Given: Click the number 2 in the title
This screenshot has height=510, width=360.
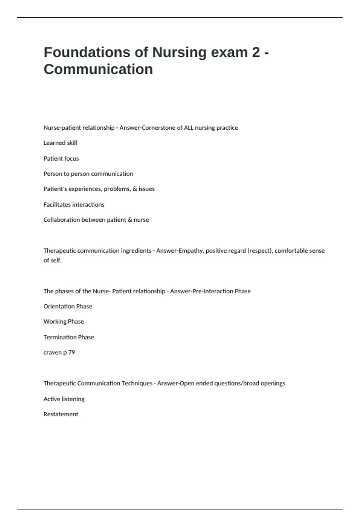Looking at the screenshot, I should point(256,52).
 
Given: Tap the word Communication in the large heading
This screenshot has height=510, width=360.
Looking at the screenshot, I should point(98,69).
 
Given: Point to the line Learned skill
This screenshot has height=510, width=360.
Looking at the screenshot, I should point(60,143).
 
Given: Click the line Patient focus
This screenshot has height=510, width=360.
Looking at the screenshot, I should point(61,159).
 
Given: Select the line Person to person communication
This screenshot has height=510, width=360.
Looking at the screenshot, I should point(88,174).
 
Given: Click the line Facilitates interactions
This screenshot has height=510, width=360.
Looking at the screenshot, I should point(74,205).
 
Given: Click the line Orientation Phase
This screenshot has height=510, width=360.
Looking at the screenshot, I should point(68,307).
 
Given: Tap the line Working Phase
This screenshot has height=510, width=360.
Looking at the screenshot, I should point(64,322).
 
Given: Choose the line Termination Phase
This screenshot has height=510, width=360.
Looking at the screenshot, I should point(69,337).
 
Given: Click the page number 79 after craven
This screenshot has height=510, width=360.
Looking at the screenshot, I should point(71,352).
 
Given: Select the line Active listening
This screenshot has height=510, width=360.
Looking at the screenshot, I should point(64,399).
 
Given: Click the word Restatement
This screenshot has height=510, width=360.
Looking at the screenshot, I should point(61,414).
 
